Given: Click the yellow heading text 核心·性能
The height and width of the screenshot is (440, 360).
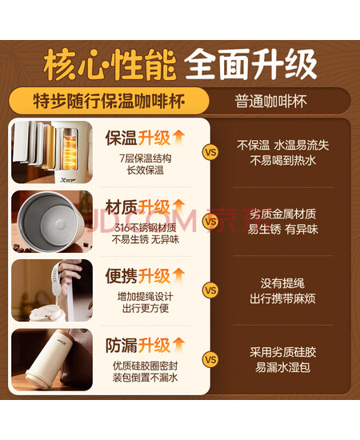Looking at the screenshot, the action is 110,65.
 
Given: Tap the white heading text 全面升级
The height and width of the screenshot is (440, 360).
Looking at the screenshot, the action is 250,64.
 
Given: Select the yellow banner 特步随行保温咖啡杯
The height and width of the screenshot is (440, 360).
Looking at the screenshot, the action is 109,101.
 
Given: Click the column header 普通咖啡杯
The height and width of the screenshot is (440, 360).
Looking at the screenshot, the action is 270,102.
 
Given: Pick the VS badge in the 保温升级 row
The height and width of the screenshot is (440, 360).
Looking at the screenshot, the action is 210,152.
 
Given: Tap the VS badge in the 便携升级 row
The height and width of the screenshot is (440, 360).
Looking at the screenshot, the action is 210,290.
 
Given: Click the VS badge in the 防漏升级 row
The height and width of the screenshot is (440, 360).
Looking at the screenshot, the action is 210,359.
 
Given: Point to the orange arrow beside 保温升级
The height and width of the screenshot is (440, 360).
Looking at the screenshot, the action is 178,138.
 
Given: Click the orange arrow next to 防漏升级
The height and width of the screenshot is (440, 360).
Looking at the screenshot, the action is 178,344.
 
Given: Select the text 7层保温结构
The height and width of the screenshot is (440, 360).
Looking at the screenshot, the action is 146,158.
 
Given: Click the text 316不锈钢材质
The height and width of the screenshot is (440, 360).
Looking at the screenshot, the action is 146,227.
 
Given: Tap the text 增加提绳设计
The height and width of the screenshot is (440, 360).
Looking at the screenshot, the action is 146,297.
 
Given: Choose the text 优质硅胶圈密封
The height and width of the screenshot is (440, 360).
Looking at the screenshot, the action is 146,366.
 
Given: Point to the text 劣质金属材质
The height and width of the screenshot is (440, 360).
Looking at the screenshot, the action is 283,214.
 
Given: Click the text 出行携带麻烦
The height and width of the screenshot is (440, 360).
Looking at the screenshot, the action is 283,298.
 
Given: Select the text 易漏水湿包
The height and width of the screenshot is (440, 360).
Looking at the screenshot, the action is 283,367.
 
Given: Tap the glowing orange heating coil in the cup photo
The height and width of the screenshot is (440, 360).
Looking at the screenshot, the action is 69,150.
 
